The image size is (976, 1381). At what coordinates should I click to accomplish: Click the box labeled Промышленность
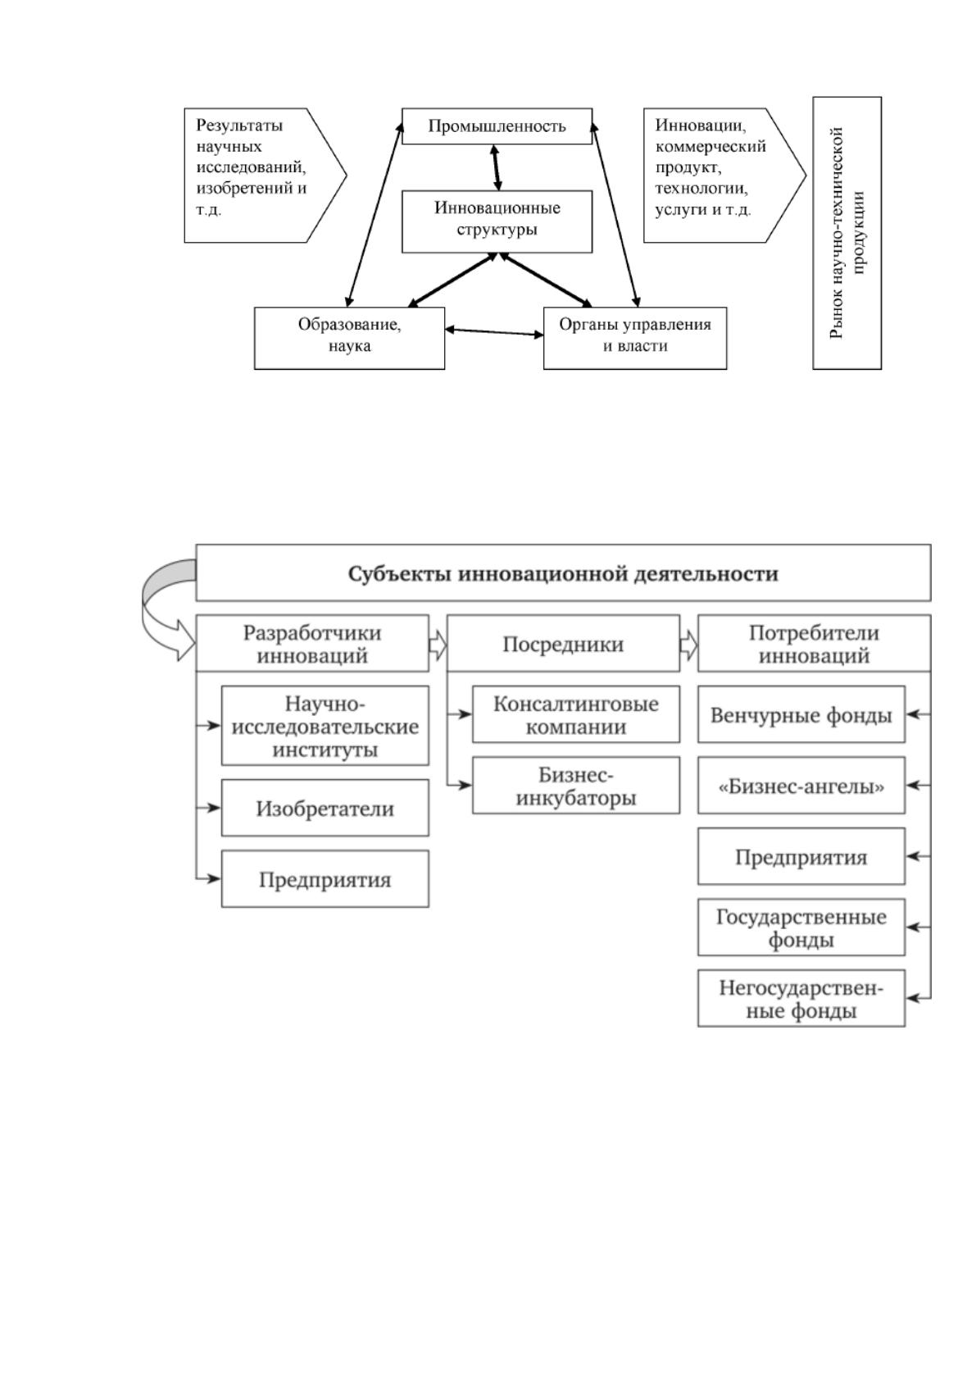click(x=497, y=126)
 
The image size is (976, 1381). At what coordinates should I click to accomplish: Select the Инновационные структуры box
click(x=497, y=221)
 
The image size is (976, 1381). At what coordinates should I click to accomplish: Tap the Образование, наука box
click(x=349, y=339)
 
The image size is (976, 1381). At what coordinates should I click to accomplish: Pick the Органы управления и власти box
click(x=634, y=339)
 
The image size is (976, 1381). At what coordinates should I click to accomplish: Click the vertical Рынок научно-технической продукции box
click(x=847, y=233)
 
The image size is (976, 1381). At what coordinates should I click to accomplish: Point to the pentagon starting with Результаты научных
click(x=265, y=175)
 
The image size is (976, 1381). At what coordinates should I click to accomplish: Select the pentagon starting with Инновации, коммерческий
click(x=724, y=175)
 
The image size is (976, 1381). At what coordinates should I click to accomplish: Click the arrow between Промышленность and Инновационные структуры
click(x=496, y=167)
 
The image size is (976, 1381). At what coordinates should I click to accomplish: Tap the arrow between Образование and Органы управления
click(x=494, y=332)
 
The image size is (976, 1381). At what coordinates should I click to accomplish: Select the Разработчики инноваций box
click(x=312, y=643)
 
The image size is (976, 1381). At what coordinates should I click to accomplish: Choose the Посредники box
click(x=563, y=643)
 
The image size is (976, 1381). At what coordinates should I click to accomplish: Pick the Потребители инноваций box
click(x=814, y=643)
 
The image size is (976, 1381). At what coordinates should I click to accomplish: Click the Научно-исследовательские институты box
click(x=325, y=726)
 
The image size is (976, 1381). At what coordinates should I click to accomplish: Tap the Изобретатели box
click(x=325, y=808)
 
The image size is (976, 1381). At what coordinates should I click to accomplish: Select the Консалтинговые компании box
click(x=576, y=714)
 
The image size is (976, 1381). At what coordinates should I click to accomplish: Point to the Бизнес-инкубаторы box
click(x=576, y=786)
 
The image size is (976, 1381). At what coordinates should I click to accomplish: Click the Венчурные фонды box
click(x=801, y=714)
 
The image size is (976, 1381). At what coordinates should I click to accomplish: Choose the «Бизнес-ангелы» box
click(x=801, y=786)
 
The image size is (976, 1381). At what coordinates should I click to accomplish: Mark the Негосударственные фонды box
click(x=801, y=998)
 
